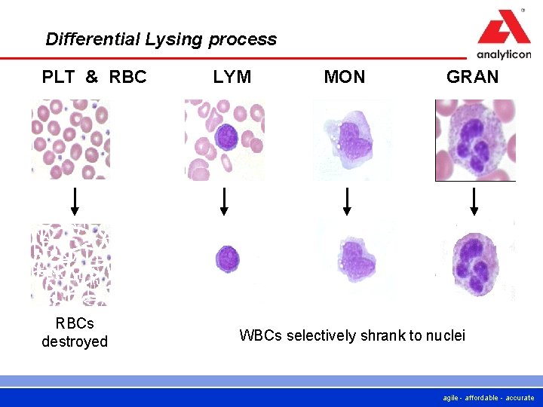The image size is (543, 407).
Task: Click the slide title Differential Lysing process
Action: pyautogui.click(x=161, y=39)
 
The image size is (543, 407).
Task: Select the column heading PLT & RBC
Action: pyautogui.click(x=94, y=77)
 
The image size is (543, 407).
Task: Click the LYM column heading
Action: pyautogui.click(x=232, y=77)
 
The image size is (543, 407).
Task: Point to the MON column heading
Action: pyautogui.click(x=345, y=77)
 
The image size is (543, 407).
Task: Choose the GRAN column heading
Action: pyautogui.click(x=473, y=77)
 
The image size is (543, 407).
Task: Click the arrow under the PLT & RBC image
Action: pyautogui.click(x=75, y=201)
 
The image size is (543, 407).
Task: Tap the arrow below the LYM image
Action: pyautogui.click(x=224, y=201)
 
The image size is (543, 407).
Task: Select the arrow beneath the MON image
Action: pyautogui.click(x=347, y=201)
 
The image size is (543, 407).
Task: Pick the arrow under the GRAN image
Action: pyautogui.click(x=474, y=201)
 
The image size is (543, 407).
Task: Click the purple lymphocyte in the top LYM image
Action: pyautogui.click(x=225, y=136)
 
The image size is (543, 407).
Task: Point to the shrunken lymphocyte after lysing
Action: pyautogui.click(x=227, y=259)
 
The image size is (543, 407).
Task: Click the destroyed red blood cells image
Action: pyautogui.click(x=70, y=264)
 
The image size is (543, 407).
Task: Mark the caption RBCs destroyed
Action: pyautogui.click(x=75, y=332)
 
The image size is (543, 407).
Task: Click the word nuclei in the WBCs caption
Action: pyautogui.click(x=445, y=335)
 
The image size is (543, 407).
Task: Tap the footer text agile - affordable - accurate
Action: pyautogui.click(x=489, y=397)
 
